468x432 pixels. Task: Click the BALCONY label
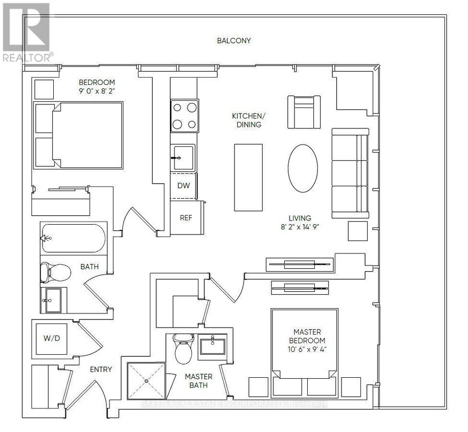233,40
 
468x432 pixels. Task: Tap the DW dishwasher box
183,186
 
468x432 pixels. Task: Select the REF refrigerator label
186,218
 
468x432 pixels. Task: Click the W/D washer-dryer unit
52,339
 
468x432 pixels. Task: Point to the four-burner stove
184,116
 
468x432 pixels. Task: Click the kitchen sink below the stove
183,158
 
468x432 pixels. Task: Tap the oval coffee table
303,168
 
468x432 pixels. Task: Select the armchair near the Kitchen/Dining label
304,112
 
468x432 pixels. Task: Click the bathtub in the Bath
73,239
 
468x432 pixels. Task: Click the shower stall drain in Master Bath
146,381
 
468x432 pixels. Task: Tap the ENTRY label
101,370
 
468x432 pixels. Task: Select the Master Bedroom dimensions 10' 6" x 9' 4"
307,349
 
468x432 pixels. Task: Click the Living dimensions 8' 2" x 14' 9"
300,227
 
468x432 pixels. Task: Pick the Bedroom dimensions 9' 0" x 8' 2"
97,91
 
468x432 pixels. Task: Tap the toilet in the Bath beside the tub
55,272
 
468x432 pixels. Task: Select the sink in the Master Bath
212,346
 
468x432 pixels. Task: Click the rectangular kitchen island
248,178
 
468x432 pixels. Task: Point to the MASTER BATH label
199,381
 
